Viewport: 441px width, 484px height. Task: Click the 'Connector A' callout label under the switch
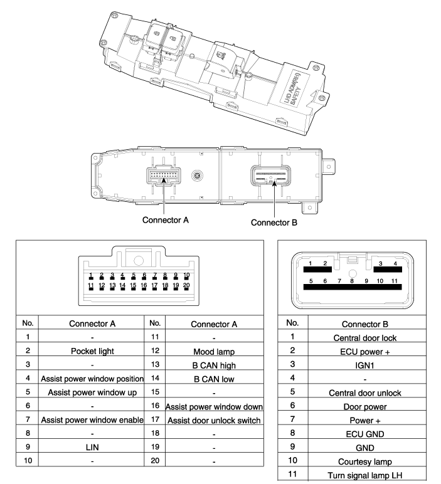click(165, 220)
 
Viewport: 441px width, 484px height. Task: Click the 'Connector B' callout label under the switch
click(274, 223)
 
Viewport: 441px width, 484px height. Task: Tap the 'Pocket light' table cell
click(92, 351)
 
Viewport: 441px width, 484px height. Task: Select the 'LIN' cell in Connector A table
click(92, 447)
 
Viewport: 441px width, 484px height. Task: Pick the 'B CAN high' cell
click(214, 366)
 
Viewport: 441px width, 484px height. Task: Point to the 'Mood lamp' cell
click(214, 352)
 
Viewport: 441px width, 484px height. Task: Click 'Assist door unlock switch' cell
click(214, 421)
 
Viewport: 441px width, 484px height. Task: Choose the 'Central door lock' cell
click(365, 338)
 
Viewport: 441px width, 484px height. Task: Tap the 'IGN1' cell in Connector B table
click(364, 366)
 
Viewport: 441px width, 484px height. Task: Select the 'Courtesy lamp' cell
click(365, 462)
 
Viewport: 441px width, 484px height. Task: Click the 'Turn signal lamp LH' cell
click(365, 476)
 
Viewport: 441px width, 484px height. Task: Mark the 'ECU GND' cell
click(365, 434)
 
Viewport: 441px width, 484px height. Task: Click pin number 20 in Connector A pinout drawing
click(186, 285)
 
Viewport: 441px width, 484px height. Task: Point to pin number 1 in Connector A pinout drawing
click(91, 275)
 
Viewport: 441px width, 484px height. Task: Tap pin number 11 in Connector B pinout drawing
click(395, 281)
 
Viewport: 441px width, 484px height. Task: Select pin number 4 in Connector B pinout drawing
click(395, 263)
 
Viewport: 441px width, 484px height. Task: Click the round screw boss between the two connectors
click(197, 176)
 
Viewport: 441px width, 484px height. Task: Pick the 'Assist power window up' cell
click(92, 392)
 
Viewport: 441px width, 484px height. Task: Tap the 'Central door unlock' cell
click(365, 393)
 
